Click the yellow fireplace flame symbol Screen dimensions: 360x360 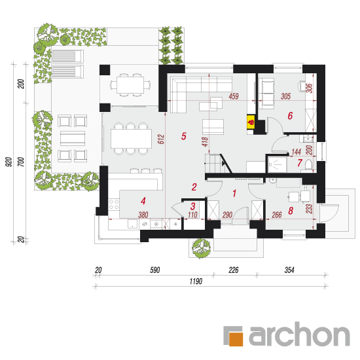click(x=251, y=122)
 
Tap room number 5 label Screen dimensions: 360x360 click(x=184, y=136)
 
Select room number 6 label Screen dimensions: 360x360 click(x=290, y=116)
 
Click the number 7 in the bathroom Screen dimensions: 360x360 click(x=300, y=163)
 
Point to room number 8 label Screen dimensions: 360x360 click(x=291, y=211)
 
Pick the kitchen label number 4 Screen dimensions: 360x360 click(x=143, y=201)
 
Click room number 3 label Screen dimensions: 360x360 click(x=193, y=206)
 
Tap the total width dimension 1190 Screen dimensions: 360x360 click(x=196, y=281)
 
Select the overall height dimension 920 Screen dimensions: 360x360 click(x=9, y=162)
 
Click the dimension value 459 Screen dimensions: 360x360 click(x=234, y=96)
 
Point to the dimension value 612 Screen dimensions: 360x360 click(x=161, y=139)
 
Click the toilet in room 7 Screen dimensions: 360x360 click(x=308, y=164)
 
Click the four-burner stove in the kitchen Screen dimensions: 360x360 click(x=114, y=204)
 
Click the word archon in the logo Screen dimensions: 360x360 click(x=299, y=334)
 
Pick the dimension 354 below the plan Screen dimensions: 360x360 click(x=289, y=270)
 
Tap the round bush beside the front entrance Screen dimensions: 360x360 click(x=202, y=248)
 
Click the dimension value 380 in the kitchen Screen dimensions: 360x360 click(x=143, y=215)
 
